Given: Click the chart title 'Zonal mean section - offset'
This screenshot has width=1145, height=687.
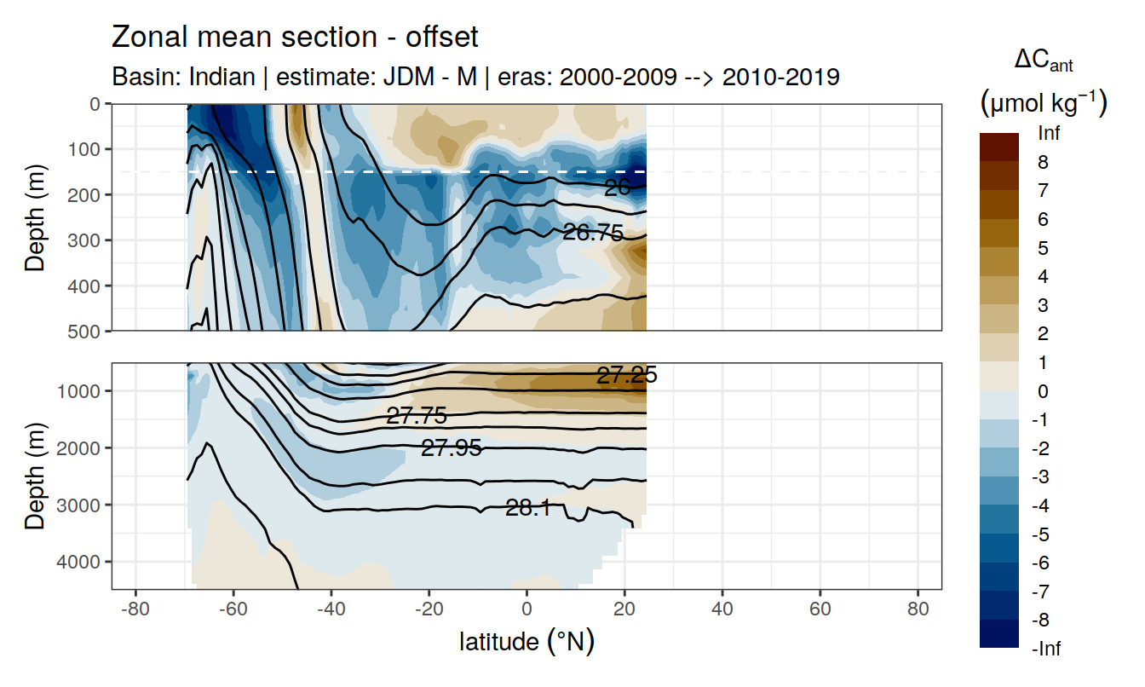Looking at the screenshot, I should [295, 38].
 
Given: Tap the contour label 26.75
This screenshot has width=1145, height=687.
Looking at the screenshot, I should [593, 232].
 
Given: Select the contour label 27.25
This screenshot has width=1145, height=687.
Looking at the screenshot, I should [626, 376].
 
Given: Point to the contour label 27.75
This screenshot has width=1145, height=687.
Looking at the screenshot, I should [416, 416].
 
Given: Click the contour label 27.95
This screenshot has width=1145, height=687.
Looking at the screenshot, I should [452, 447].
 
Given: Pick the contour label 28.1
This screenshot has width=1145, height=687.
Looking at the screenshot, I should [528, 509].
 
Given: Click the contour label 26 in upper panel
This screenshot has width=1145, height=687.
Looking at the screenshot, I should [617, 188].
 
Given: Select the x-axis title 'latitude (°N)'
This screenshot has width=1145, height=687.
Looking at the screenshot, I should [526, 642].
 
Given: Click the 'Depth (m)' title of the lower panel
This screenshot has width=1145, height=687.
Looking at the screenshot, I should [35, 475].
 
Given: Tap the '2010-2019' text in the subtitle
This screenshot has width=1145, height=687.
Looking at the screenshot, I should [781, 77].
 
